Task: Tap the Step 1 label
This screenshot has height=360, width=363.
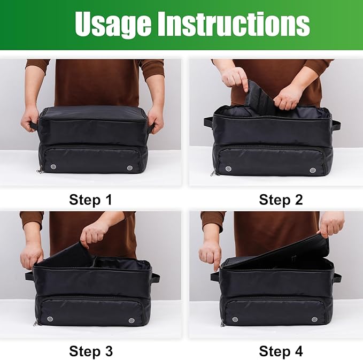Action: (90, 200)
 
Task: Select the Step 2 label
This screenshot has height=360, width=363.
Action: (281, 200)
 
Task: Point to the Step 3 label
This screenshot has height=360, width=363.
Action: (90, 351)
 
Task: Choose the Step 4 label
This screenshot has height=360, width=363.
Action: (281, 351)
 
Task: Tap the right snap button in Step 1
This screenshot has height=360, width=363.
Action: (130, 168)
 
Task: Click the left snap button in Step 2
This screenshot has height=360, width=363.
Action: (228, 169)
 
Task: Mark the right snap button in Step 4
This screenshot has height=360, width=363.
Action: (314, 319)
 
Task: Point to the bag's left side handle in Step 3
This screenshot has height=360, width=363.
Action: (30, 277)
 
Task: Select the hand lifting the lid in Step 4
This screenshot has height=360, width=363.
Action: (331, 224)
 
